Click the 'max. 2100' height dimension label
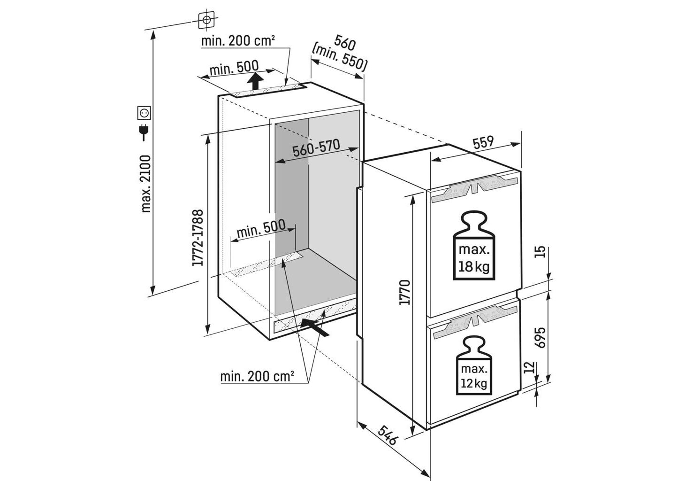point(146,184)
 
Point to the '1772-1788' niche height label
point(198,238)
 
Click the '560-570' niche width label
point(316,148)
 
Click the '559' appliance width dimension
point(483,142)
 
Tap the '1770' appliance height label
point(404,293)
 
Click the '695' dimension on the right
point(541,337)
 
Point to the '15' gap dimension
point(541,252)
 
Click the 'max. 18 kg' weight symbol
point(474,246)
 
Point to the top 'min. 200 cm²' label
point(238,41)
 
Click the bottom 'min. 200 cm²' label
point(258,376)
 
